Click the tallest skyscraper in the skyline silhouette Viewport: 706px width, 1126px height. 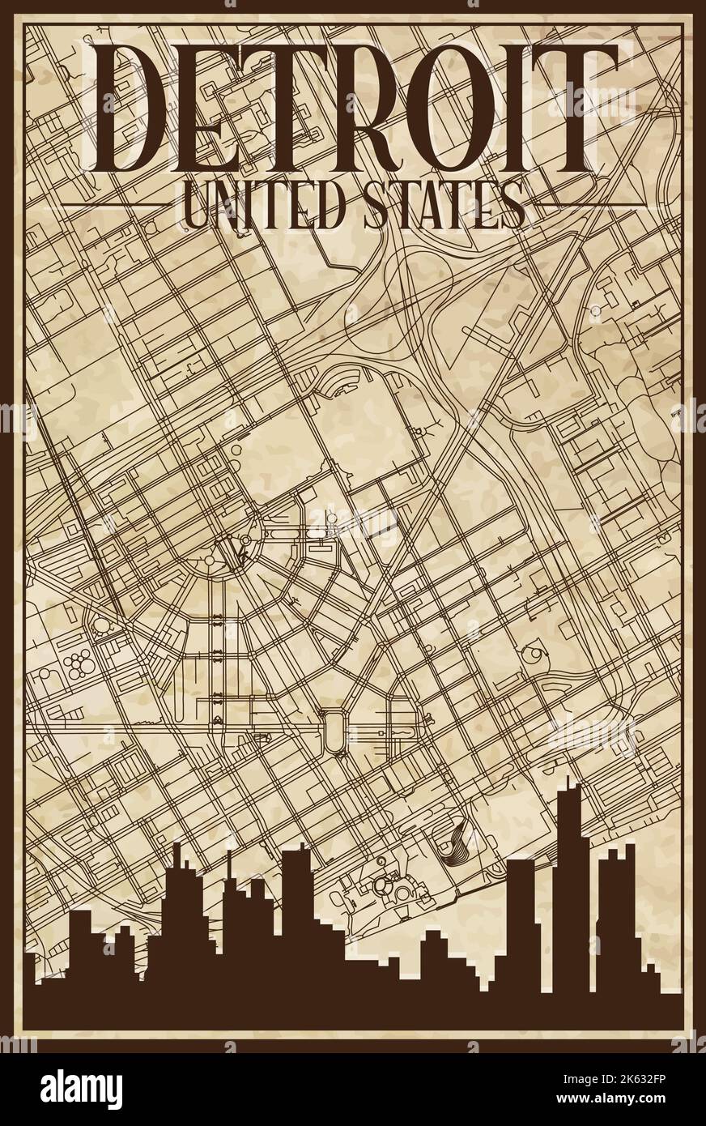(568, 891)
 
